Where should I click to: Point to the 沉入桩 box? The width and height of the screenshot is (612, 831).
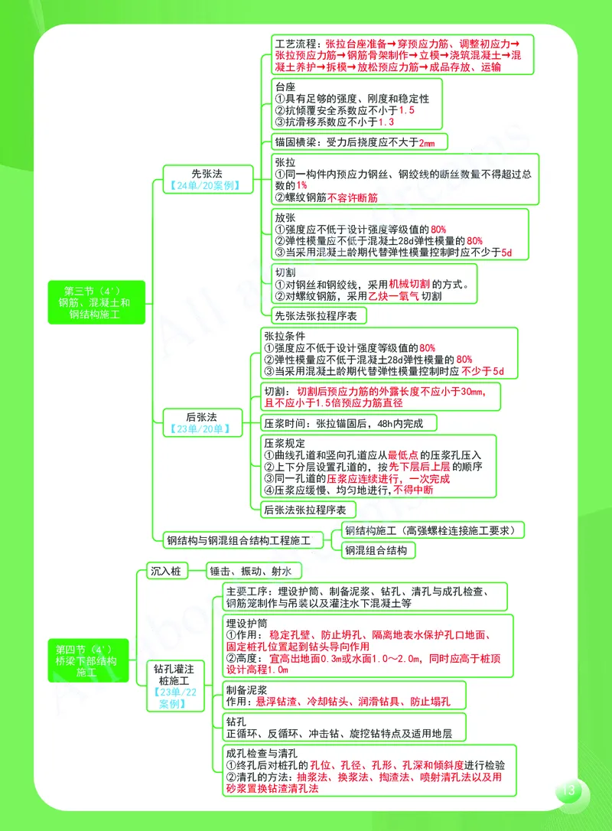(165, 571)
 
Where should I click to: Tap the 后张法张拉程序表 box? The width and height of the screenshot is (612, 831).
(304, 510)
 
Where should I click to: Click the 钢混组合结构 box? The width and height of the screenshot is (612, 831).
(376, 550)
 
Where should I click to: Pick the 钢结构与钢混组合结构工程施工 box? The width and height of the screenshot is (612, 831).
(239, 540)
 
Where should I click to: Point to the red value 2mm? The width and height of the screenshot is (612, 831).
(426, 142)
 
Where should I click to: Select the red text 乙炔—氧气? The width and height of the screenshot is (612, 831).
(393, 296)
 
